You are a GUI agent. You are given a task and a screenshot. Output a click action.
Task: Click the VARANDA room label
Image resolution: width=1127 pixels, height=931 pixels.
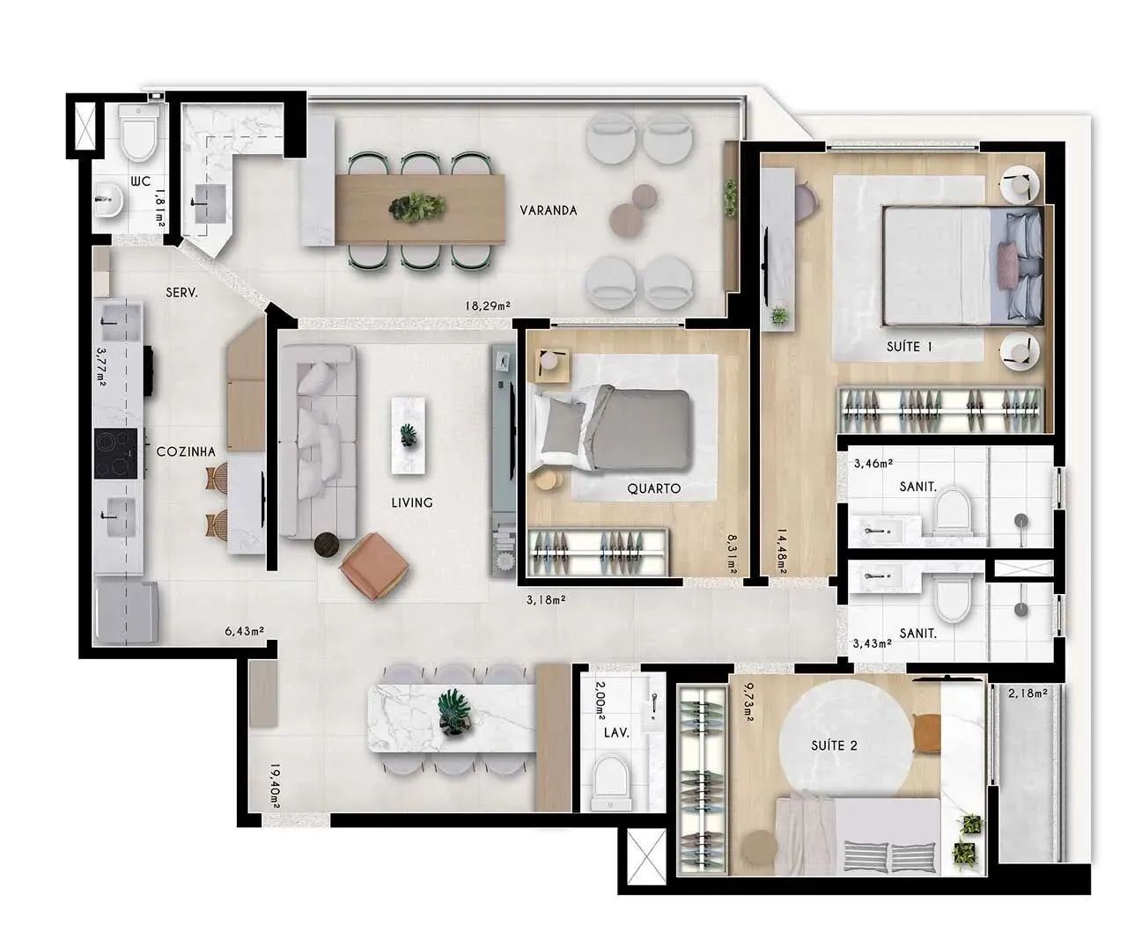pos(549,210)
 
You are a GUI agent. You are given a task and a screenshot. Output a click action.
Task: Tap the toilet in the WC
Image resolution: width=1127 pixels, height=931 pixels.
pos(139,132)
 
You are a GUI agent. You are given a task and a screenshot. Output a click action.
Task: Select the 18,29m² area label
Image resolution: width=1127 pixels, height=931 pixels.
pos(488,306)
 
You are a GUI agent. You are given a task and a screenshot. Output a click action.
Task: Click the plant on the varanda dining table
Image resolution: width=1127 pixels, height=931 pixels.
pos(416,207)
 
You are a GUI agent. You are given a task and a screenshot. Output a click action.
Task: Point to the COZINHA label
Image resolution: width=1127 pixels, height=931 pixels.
pos(186,451)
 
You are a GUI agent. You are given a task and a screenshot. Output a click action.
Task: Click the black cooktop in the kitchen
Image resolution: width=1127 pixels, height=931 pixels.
pos(115,453)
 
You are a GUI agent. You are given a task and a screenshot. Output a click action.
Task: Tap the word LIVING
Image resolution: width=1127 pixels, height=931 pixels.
pos(412,502)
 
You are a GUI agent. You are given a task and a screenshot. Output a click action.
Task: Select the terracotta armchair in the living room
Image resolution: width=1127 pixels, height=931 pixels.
pos(373,566)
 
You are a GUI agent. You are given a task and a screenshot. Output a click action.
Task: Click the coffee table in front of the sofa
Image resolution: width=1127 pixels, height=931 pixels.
pos(408,436)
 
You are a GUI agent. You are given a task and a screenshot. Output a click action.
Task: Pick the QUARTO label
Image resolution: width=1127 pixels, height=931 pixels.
pos(653,488)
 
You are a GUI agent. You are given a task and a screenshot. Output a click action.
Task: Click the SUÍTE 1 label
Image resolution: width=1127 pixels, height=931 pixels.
pos(909,347)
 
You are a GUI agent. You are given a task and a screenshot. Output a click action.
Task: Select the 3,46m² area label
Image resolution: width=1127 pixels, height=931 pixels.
pos(873,464)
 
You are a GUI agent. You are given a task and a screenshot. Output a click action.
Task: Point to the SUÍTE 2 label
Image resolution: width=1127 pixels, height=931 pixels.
pos(834,746)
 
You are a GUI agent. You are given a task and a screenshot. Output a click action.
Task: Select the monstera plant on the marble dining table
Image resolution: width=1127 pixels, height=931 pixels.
pos(453,712)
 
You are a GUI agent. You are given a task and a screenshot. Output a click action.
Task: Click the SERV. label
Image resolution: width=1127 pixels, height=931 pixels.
pos(181,293)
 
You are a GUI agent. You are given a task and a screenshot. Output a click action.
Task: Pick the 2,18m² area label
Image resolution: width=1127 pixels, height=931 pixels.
pos(1028,693)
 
